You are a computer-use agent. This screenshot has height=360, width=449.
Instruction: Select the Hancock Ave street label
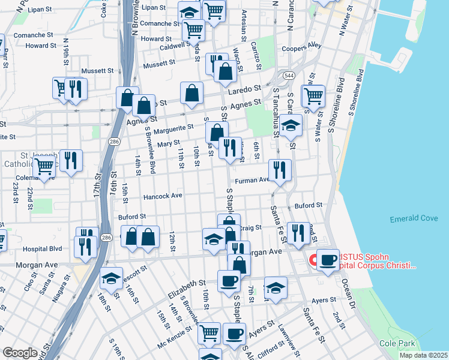(161, 196)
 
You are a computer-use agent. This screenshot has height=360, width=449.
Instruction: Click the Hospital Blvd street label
(43, 248)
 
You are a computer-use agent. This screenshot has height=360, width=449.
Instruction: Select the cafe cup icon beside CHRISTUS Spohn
(328, 260)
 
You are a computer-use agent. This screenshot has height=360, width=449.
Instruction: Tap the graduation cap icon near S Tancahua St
(291, 125)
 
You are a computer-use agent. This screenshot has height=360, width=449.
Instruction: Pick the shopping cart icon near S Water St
(313, 95)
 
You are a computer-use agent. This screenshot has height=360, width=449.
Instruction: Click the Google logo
(20, 353)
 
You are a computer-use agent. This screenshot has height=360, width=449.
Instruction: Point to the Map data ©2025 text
(423, 355)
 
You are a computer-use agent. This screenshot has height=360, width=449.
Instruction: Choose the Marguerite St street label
(173, 127)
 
